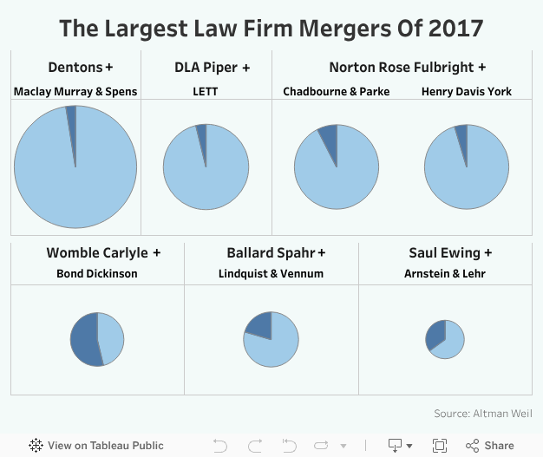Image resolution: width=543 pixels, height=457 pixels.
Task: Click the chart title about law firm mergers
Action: click(271, 28)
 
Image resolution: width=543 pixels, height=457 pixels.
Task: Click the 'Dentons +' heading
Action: click(81, 68)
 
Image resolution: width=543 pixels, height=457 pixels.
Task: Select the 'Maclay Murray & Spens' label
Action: click(75, 92)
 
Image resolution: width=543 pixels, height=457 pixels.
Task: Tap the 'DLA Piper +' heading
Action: click(213, 68)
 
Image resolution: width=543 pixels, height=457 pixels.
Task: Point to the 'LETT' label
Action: click(206, 92)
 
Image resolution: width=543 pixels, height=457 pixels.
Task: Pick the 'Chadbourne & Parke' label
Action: click(337, 92)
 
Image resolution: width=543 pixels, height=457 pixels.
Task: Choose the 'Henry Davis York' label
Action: click(467, 92)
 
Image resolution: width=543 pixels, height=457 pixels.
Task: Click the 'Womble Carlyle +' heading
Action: click(103, 253)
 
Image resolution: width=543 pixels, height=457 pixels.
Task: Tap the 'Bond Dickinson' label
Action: click(97, 274)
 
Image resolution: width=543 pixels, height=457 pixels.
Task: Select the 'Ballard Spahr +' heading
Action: click(276, 253)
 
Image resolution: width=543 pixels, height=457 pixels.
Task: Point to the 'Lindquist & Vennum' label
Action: click(271, 274)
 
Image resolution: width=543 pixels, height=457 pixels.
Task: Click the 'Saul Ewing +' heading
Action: click(450, 253)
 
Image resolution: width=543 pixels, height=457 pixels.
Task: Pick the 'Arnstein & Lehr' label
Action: click(445, 274)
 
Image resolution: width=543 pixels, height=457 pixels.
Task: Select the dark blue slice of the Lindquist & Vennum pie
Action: click(259, 324)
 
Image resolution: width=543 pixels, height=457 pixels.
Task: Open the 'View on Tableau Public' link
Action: click(95, 446)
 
